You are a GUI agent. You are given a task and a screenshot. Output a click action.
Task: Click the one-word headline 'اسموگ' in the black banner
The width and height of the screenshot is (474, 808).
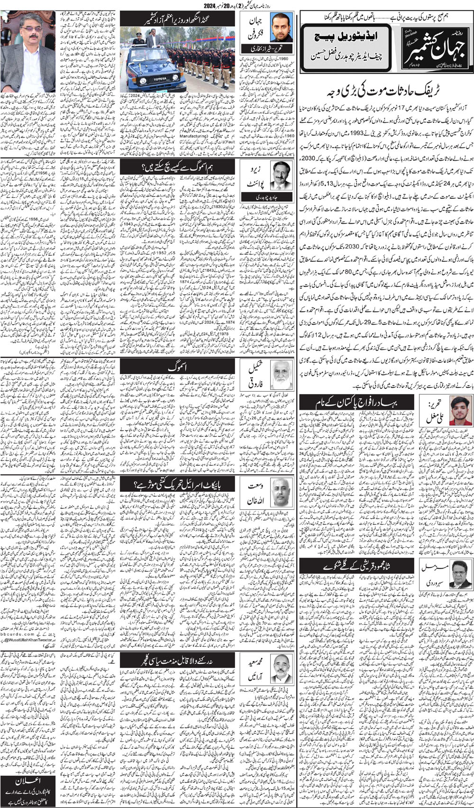178,367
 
